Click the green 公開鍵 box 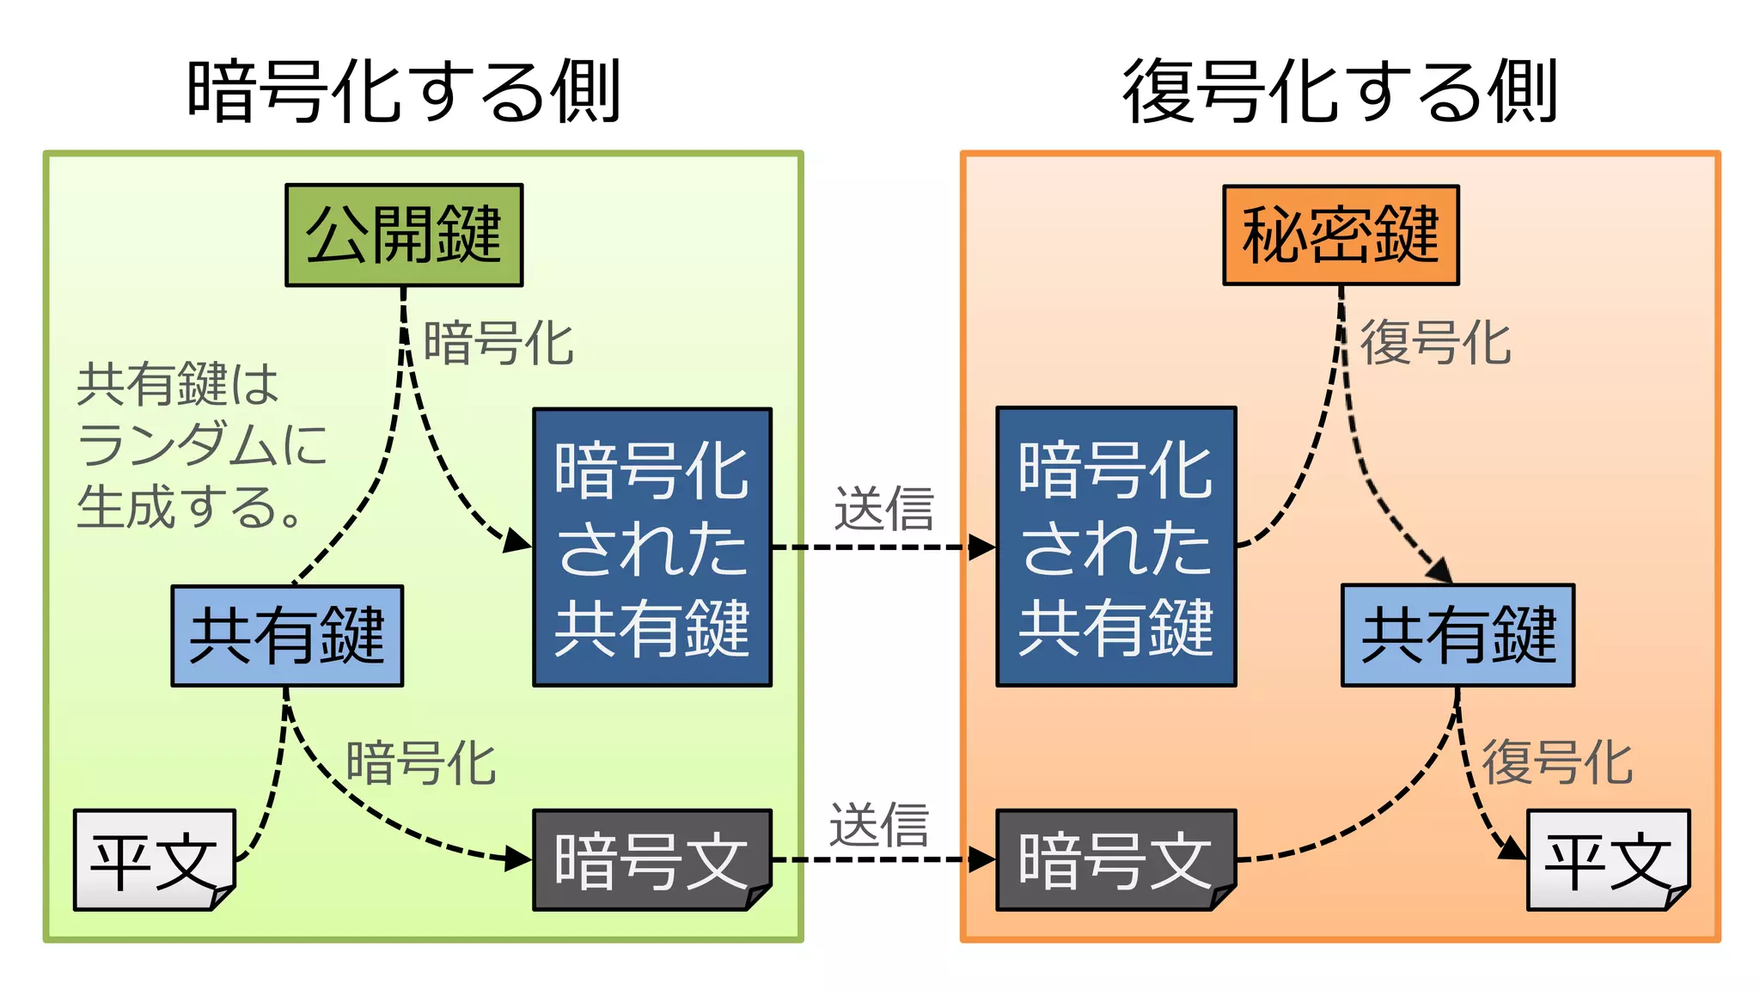pos(404,235)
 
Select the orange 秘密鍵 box pos(1341,235)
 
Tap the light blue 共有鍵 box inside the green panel pos(287,636)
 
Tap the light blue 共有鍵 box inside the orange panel pos(1457,635)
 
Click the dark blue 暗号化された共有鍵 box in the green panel pos(652,547)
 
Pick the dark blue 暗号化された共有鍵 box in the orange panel pos(1115,547)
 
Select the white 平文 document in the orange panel pos(1607,859)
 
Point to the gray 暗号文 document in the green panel pos(651,859)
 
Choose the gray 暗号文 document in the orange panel pos(1115,859)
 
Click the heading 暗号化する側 pos(404,91)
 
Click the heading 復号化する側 pos(1341,91)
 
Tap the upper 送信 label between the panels pos(883,509)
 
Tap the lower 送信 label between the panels pos(879,825)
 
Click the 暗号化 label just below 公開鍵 pos(498,343)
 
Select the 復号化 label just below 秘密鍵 pos(1435,343)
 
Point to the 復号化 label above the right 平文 pos(1557,762)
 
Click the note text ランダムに pos(202,444)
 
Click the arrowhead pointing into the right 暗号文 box pos(982,859)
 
